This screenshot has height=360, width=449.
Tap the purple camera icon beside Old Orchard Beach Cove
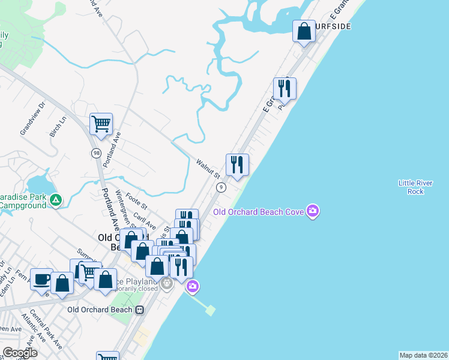click(x=312, y=211)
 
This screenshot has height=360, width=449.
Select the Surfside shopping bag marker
click(x=304, y=31)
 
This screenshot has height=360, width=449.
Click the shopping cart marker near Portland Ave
click(x=101, y=124)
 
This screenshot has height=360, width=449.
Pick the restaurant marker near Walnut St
click(x=237, y=164)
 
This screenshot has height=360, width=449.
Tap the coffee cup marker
click(x=41, y=279)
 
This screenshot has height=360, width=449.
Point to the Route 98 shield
click(x=95, y=154)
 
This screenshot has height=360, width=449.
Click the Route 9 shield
click(x=221, y=187)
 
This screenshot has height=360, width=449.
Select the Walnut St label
click(x=209, y=167)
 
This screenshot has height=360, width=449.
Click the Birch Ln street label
click(x=57, y=127)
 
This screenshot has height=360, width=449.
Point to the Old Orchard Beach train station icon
click(x=140, y=310)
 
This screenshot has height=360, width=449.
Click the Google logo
click(x=20, y=353)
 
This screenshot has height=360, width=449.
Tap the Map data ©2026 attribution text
click(x=423, y=355)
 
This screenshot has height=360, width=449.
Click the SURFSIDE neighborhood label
click(x=330, y=27)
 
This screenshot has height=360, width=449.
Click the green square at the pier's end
click(x=210, y=310)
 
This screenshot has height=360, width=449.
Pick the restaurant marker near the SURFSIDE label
click(x=284, y=88)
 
